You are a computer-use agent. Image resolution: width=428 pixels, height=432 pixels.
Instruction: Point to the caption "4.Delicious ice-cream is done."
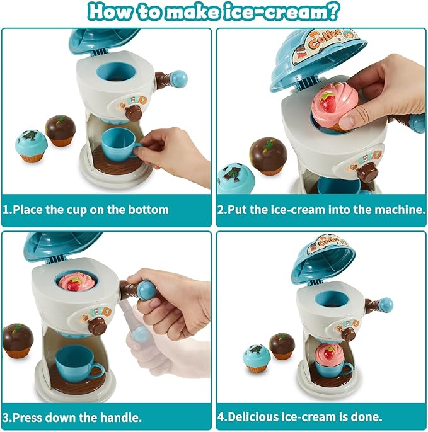[299, 416]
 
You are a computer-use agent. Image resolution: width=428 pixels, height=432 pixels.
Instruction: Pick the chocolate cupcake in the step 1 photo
[61, 130]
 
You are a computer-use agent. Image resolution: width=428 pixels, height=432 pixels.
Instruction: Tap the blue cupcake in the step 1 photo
[32, 145]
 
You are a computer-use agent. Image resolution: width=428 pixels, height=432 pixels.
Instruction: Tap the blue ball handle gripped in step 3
[147, 290]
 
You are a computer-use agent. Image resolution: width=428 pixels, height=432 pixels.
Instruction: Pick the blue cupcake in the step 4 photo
[256, 358]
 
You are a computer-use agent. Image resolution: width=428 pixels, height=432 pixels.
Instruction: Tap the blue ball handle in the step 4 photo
[386, 305]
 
